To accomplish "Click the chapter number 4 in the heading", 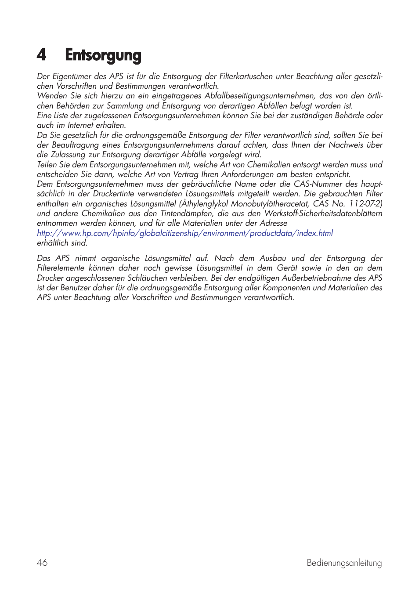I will [x=42, y=55].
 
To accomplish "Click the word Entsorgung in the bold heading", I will [x=103, y=56].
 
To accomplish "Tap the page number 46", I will [x=42, y=563].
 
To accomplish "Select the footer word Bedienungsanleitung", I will [x=344, y=563].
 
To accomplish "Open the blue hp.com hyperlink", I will [x=185, y=233].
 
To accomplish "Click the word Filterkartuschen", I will [x=246, y=76].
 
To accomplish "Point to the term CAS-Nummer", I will [x=318, y=184].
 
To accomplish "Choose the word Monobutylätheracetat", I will [x=270, y=204].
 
